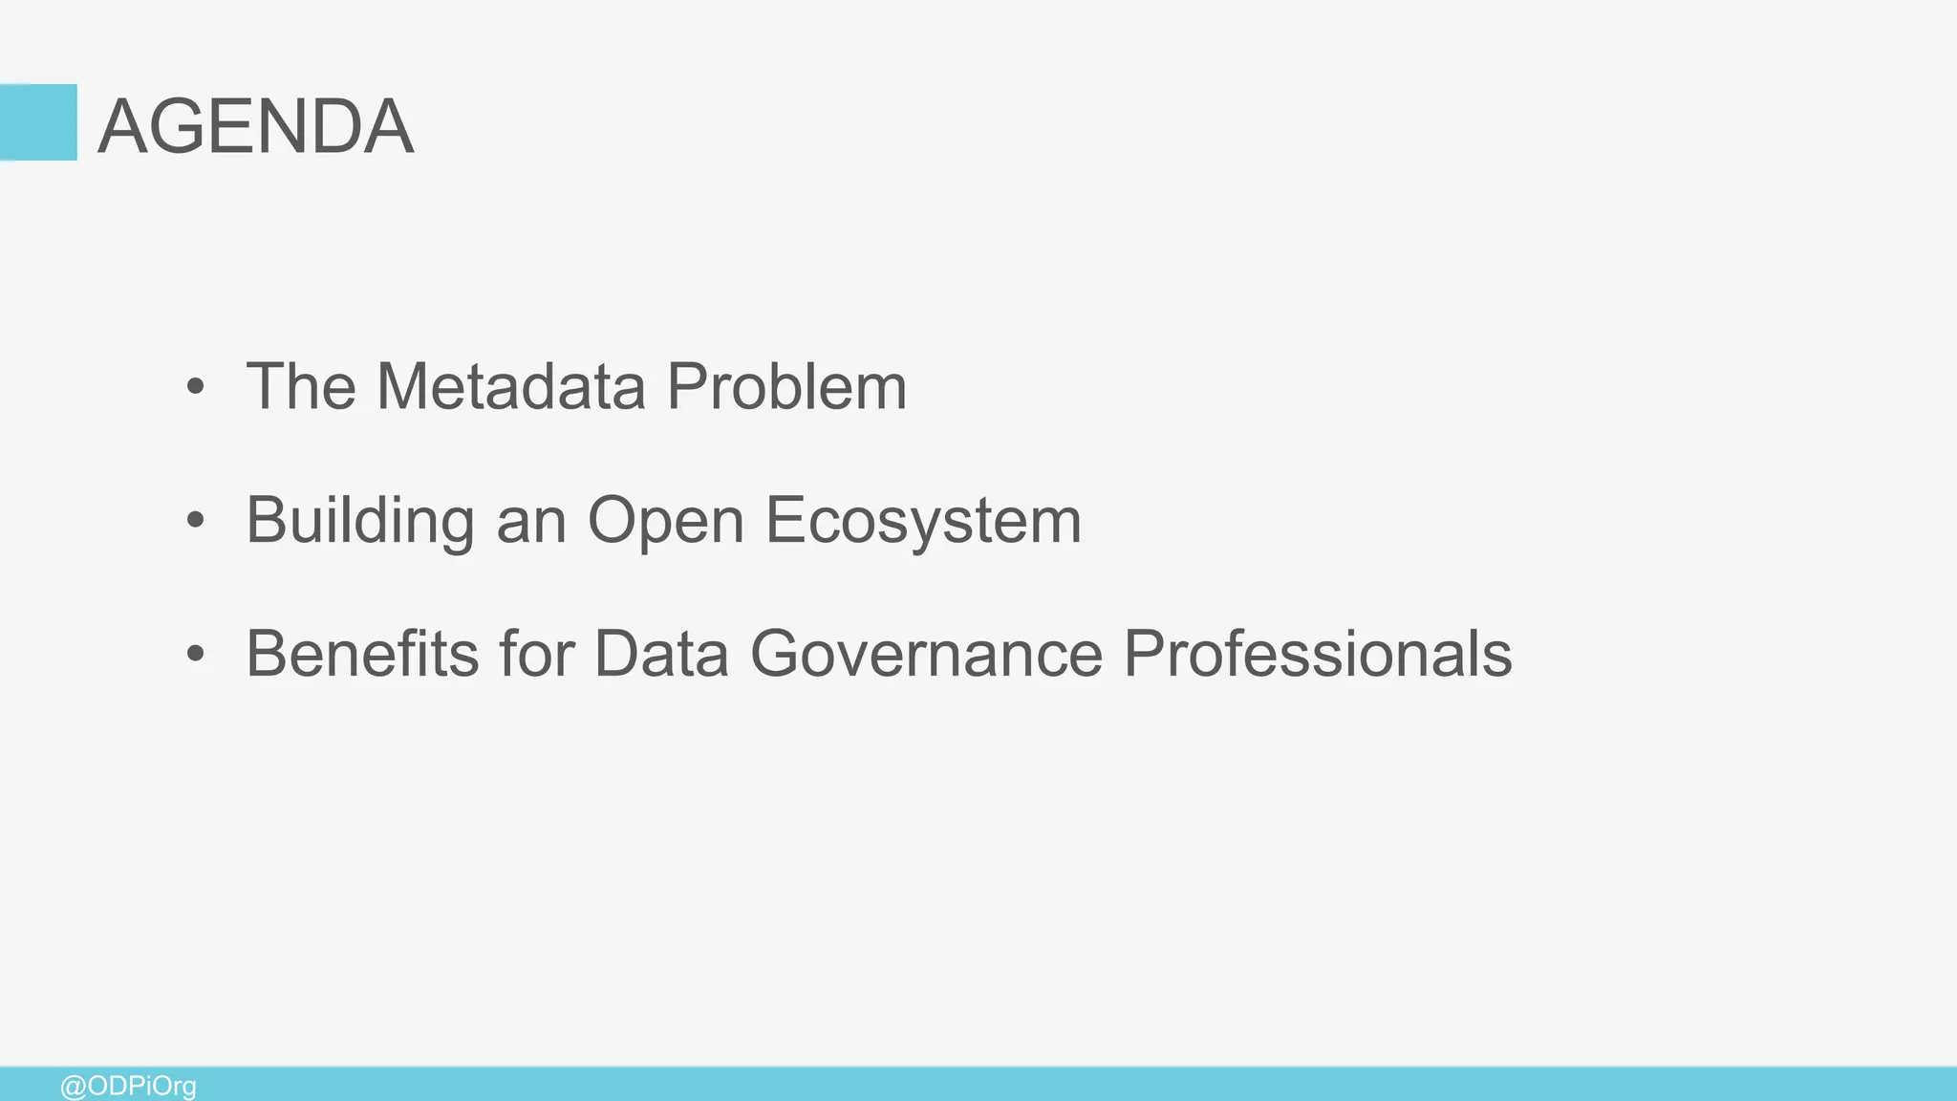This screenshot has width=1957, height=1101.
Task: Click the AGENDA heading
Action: pos(256,126)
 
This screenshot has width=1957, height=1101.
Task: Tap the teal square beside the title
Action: pos(38,122)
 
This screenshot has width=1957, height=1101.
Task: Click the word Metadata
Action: pos(511,386)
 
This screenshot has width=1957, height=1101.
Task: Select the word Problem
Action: pos(786,386)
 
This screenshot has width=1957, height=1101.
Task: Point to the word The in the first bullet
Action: pos(301,386)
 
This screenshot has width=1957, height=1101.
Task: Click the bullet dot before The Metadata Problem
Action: pos(196,387)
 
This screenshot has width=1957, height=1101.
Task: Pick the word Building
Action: pos(360,522)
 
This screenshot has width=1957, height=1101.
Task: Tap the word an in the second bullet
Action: pos(531,522)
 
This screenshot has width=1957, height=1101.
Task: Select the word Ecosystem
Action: pos(923,522)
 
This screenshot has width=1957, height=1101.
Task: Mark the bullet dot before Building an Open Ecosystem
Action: pos(196,521)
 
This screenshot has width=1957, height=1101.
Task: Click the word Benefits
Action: pos(362,654)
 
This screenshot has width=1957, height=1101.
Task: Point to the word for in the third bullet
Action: pos(536,654)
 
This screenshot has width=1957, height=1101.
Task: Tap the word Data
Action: pos(661,654)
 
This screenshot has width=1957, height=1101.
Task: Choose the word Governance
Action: pos(926,654)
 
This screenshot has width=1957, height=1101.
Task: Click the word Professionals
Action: pos(1317,654)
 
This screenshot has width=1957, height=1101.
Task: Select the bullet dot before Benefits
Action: pos(196,655)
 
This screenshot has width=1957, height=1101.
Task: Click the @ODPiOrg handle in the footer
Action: pos(128,1087)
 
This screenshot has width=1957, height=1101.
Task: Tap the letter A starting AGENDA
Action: pos(122,126)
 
